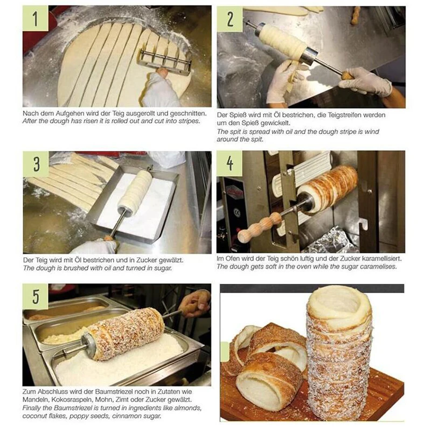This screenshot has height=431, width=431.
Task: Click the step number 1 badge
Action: (35, 18)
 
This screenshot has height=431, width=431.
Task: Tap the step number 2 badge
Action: (230, 19)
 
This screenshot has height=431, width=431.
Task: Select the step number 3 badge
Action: (36, 164)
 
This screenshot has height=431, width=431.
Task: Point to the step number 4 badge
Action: (230, 163)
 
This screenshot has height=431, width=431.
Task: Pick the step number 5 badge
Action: (36, 297)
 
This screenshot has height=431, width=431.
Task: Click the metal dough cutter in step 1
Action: (165, 61)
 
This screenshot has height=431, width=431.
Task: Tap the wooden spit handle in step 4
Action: (260, 227)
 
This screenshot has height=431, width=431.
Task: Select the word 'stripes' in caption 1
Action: (189, 121)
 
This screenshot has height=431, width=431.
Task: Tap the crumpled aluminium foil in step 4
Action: (330, 240)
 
